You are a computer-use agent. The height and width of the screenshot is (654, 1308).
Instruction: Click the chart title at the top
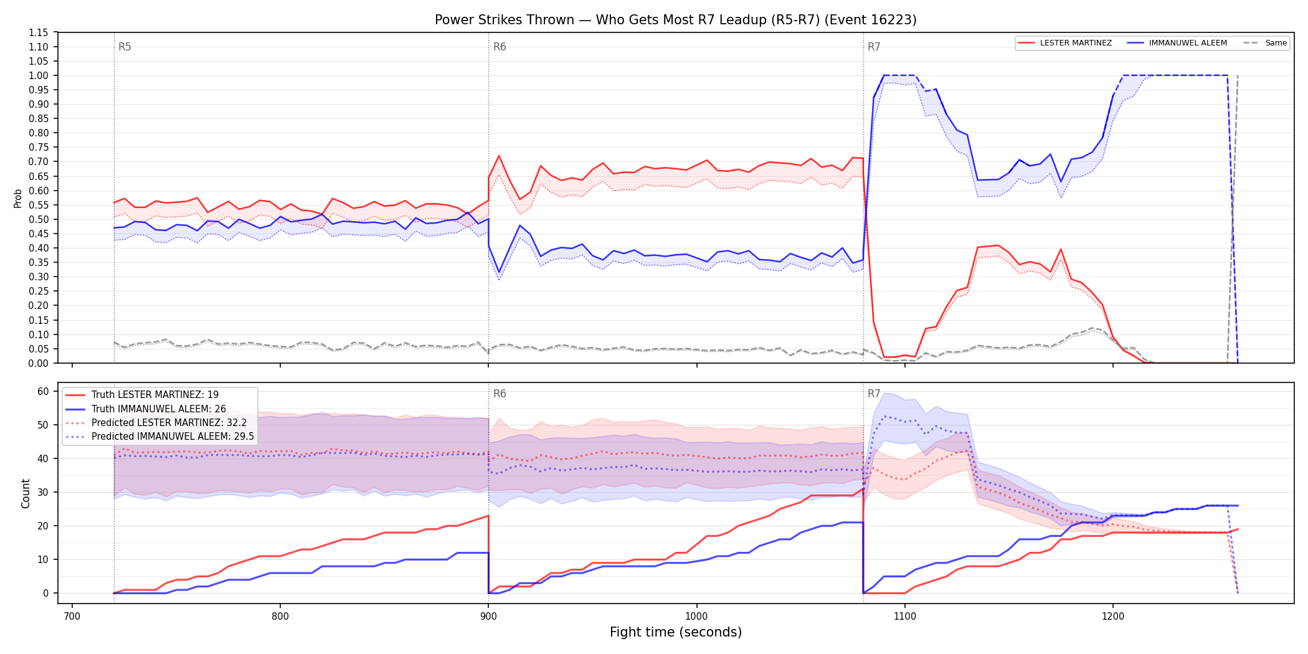point(676,20)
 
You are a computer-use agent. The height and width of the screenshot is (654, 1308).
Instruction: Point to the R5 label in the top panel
point(125,47)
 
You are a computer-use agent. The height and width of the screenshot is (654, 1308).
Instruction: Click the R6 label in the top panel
point(500,47)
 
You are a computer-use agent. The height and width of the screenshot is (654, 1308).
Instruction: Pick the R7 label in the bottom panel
point(874,394)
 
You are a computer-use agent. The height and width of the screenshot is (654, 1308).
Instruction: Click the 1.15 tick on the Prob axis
point(39,32)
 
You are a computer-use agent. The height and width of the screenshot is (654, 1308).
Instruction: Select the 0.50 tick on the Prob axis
point(39,219)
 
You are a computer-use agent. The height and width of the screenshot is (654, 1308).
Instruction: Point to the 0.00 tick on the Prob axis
point(39,363)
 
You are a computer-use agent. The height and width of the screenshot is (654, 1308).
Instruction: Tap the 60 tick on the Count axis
point(43,391)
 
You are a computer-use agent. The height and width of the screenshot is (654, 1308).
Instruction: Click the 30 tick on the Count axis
point(43,492)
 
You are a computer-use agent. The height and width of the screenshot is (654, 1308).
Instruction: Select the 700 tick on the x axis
point(72,616)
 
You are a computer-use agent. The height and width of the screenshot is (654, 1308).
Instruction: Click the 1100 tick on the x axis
point(904,616)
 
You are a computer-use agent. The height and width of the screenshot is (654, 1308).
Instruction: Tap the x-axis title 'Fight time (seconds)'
point(676,632)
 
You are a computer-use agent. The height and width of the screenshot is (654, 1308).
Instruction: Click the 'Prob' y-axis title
point(18,198)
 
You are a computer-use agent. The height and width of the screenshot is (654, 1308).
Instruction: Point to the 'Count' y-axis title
point(26,493)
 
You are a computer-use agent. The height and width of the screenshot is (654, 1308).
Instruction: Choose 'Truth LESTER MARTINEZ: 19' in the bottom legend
point(155,395)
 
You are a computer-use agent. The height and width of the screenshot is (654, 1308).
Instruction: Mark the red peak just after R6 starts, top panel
point(499,156)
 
